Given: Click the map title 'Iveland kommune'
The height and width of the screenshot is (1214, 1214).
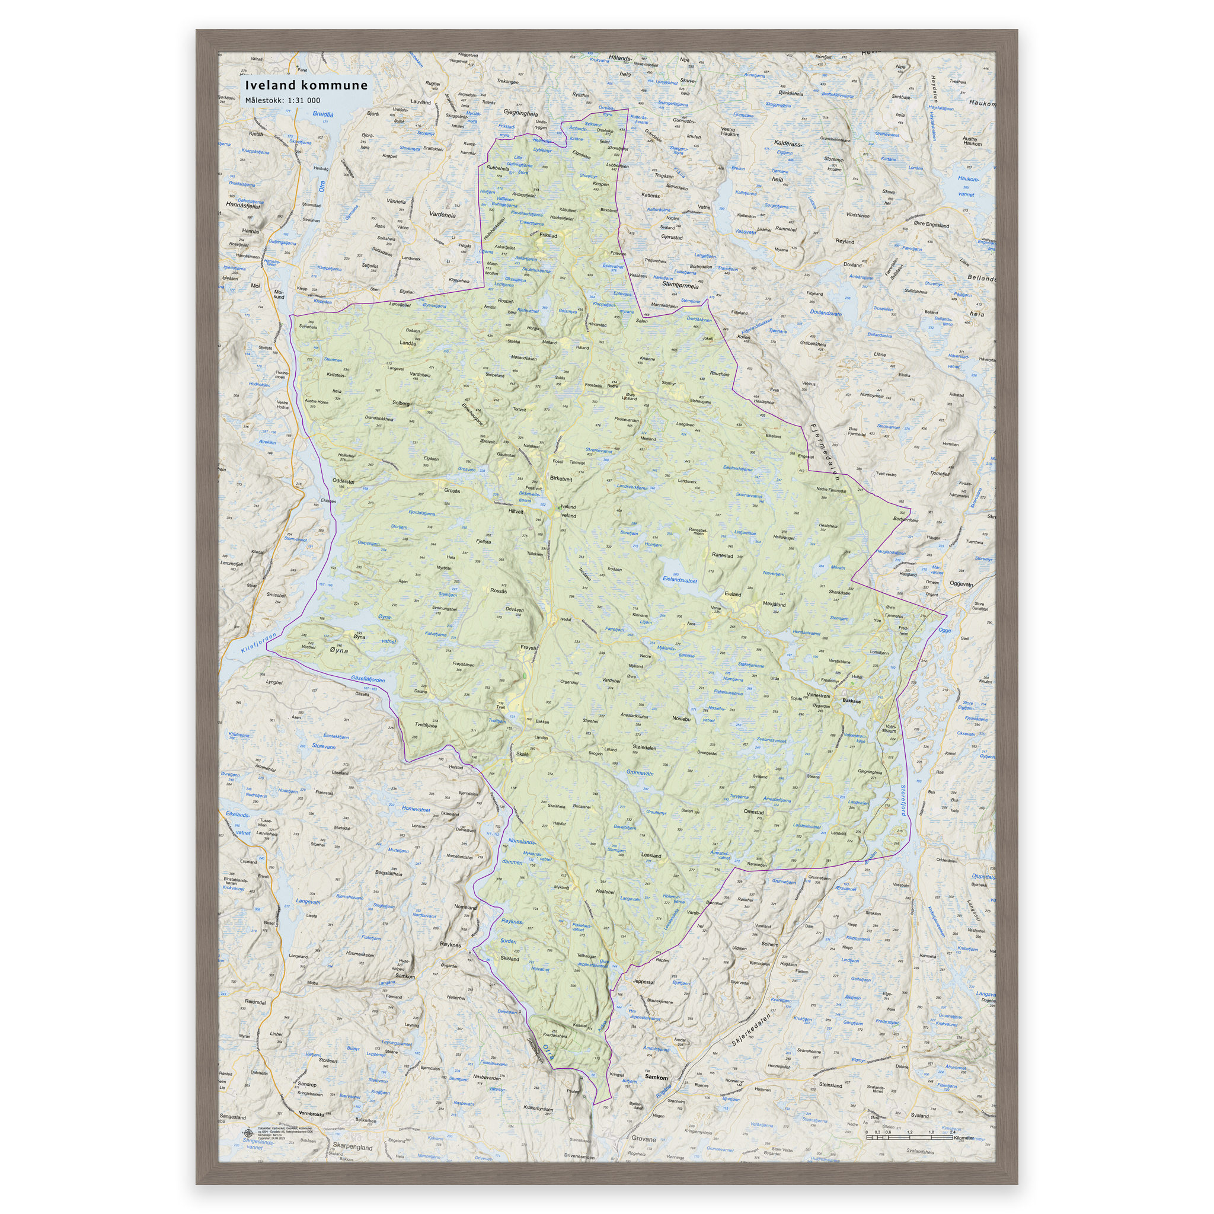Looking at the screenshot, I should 306,85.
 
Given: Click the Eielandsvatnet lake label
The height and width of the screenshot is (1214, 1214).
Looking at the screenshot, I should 680,579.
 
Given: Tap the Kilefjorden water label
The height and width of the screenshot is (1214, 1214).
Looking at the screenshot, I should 258,643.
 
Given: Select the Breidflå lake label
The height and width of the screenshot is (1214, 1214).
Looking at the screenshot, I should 323,114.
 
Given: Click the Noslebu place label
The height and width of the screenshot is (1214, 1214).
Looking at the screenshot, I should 681,718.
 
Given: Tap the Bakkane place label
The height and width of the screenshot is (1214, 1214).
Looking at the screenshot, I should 851,701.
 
